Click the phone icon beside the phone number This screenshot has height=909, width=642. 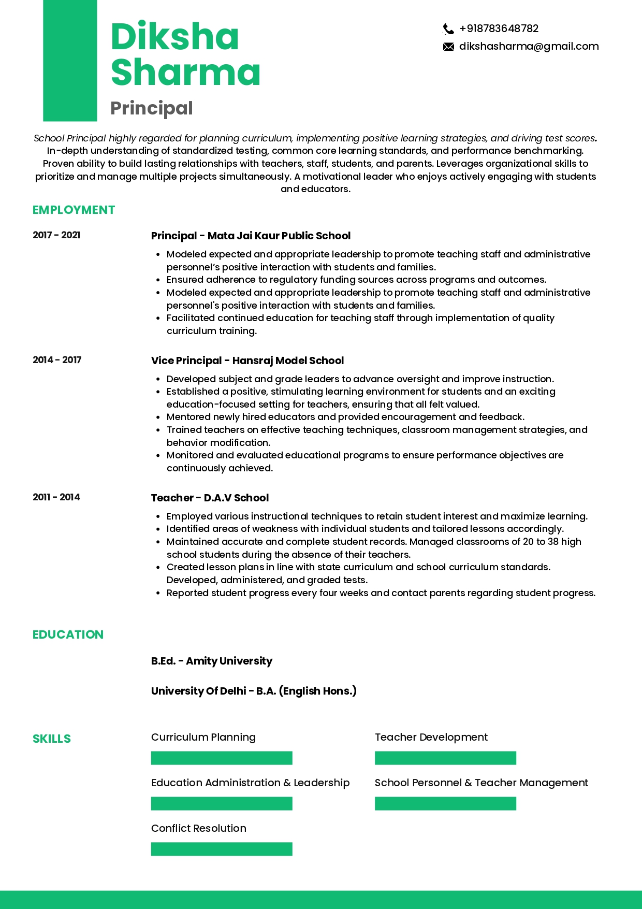tap(448, 29)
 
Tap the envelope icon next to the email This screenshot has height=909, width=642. tap(448, 47)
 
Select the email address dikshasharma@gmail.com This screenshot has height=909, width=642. tap(529, 47)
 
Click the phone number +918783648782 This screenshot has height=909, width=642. tap(499, 28)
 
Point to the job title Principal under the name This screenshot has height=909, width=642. tap(152, 108)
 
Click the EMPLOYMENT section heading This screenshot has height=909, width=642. tap(74, 210)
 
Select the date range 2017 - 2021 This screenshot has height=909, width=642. tap(56, 235)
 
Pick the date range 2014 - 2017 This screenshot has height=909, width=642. tap(57, 360)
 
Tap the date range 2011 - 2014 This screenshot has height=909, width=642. tap(56, 497)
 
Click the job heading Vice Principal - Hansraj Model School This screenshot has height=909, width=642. tap(247, 360)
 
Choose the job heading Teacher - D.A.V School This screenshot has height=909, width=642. tap(210, 498)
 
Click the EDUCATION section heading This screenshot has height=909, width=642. tap(68, 634)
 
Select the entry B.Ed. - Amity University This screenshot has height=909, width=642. tap(211, 661)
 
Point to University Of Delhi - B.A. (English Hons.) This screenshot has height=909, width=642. tap(254, 691)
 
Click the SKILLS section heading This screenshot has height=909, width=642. tap(52, 739)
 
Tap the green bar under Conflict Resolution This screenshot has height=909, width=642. tap(222, 849)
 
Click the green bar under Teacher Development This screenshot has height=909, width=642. tap(445, 758)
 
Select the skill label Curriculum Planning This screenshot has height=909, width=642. tap(203, 737)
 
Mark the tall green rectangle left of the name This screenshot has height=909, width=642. tap(70, 61)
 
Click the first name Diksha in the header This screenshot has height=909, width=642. tap(174, 37)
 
